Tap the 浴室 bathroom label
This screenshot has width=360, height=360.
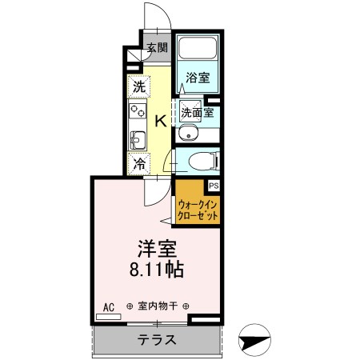(x=198, y=78)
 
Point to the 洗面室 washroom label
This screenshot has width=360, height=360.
(x=197, y=112)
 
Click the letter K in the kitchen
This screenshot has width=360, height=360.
(x=160, y=121)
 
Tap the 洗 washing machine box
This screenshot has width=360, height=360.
(x=139, y=86)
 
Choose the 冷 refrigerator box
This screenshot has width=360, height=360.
(x=139, y=164)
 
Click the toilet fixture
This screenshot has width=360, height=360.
(x=198, y=162)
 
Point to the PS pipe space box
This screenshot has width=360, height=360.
(x=213, y=186)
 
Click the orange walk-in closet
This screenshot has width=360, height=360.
(x=197, y=210)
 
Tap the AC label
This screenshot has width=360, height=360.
(x=109, y=306)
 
